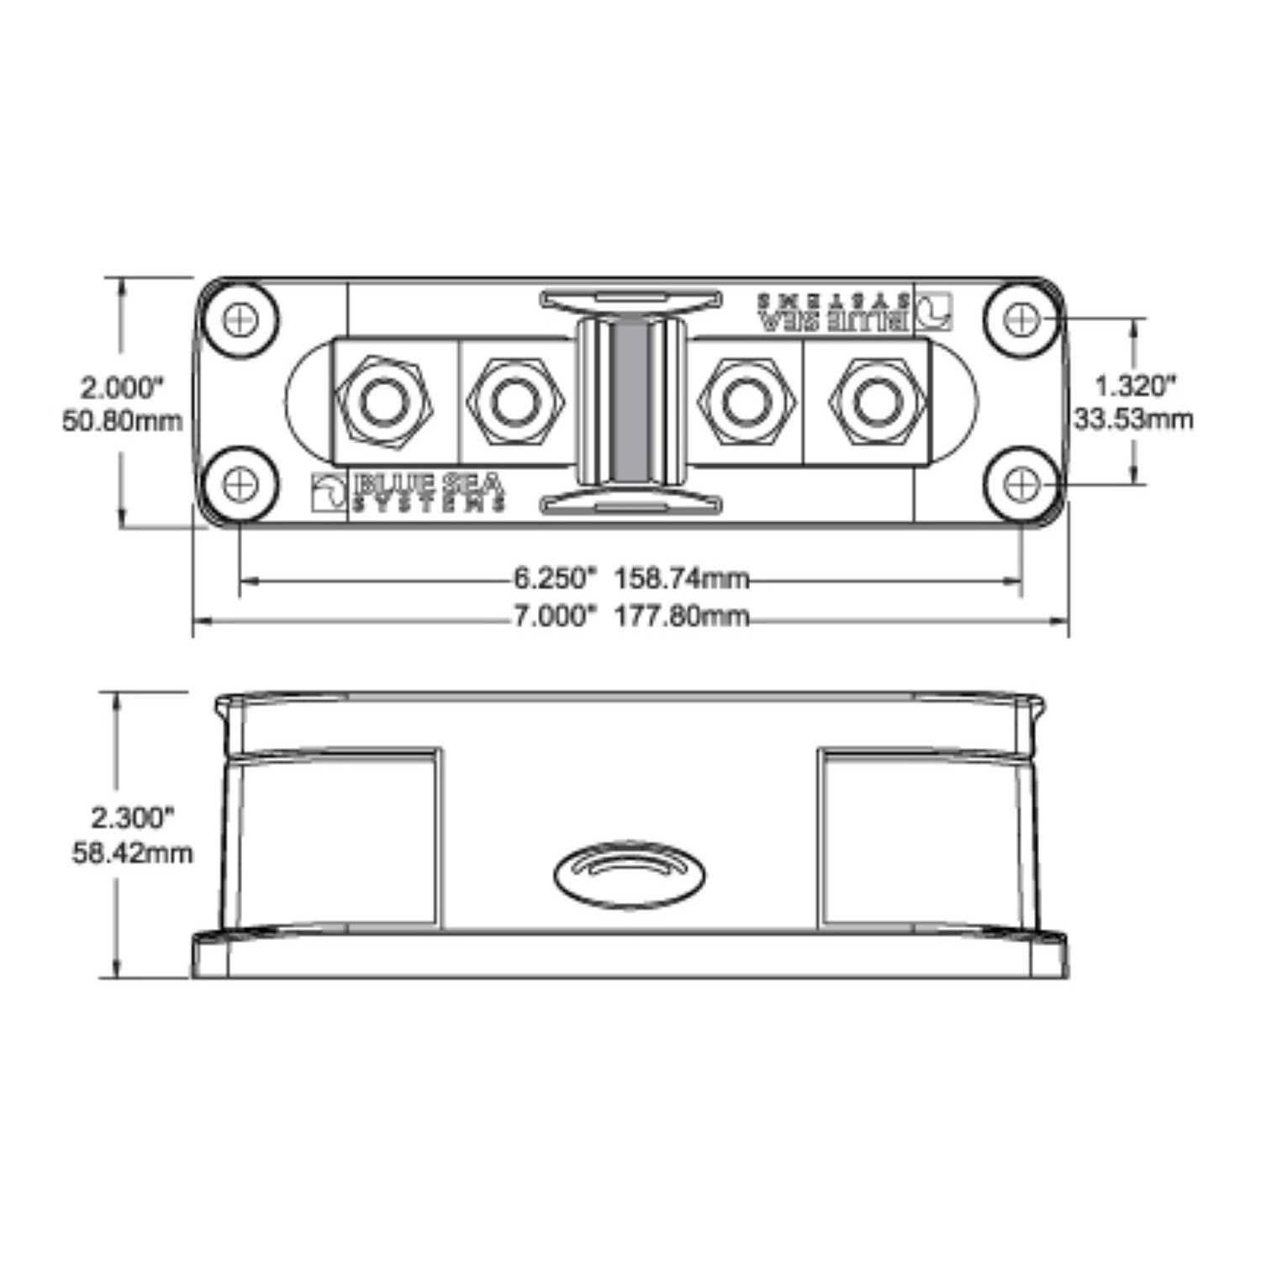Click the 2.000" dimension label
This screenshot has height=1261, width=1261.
pos(121,388)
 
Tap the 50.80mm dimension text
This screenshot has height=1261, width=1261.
pos(123,420)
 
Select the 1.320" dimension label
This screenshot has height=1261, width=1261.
pos(1134,386)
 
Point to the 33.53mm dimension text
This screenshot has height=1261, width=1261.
pos(1134,419)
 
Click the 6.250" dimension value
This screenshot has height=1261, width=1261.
pos(554,578)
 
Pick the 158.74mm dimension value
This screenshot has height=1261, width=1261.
pos(681,578)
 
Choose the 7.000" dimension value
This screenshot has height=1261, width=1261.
pos(554,616)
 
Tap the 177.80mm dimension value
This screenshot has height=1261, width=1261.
pos(681,616)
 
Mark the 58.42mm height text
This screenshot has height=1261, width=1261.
pos(132,853)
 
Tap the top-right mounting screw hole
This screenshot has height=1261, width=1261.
pos(1021,319)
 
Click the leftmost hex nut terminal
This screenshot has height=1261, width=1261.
pos(383,402)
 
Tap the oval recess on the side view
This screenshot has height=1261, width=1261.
pos(630,874)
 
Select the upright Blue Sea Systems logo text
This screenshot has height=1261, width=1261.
pos(430,491)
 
